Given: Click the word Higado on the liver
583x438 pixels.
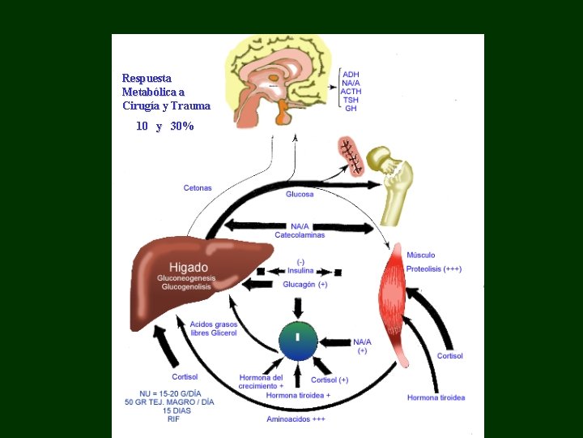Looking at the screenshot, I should click(x=188, y=268).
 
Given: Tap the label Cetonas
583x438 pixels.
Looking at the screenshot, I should click(x=198, y=188).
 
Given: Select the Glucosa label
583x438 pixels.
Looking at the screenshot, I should click(x=300, y=195).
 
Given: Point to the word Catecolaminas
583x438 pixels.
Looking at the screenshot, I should click(x=300, y=235).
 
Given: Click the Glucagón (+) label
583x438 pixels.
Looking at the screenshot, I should click(x=305, y=284).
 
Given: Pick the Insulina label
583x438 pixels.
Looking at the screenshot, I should click(x=300, y=271).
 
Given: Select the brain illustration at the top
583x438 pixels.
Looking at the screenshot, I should click(x=279, y=77).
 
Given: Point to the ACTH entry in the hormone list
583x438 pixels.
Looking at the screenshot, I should click(x=351, y=92).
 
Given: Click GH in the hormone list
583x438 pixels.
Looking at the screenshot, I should click(x=351, y=109).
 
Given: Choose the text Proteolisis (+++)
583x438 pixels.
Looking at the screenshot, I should click(x=434, y=268).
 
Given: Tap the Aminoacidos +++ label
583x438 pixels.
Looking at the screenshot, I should click(x=296, y=419).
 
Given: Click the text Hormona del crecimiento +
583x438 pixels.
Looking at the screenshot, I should click(x=262, y=382).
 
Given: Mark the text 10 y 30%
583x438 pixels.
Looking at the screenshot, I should click(x=165, y=127).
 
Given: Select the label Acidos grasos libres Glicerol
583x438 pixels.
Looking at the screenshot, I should click(x=214, y=329).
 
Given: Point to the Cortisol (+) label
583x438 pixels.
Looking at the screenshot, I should click(x=330, y=380).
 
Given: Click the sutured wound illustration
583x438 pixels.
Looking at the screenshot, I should click(x=351, y=155).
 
